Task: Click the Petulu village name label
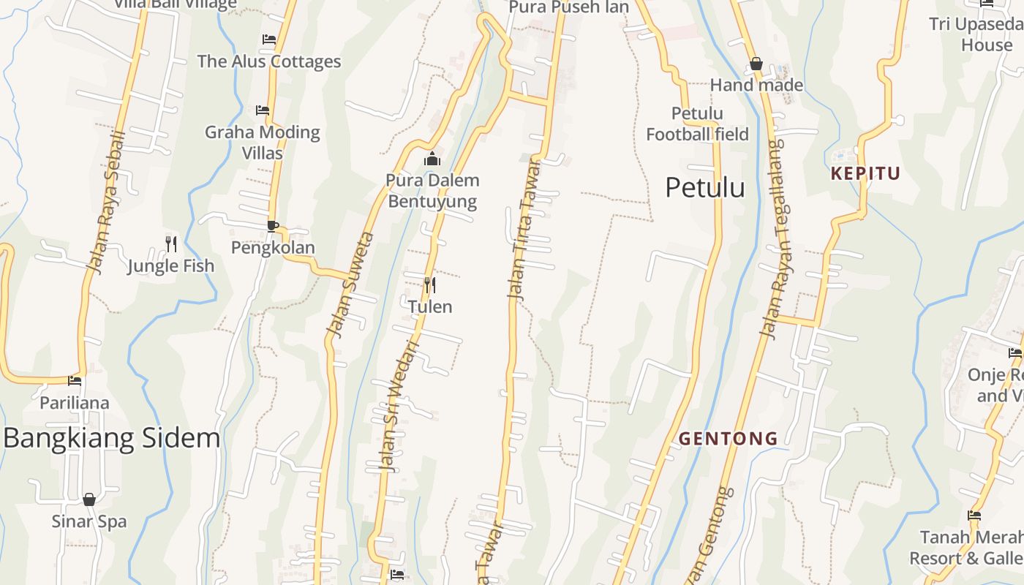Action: coord(705,188)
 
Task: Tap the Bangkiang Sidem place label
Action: coord(112,438)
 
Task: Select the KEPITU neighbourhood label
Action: coord(865,174)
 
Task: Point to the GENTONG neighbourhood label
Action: coord(728,439)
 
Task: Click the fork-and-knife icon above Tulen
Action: coord(430,284)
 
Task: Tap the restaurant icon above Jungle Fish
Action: coord(171,244)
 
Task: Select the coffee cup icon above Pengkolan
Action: coord(272,226)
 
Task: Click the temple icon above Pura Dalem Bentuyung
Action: coord(432,159)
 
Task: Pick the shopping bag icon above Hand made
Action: coord(756,64)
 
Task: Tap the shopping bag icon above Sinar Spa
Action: coord(89,499)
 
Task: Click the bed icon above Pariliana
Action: coord(75,381)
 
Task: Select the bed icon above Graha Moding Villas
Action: coord(263,110)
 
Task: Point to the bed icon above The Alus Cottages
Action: coord(269,39)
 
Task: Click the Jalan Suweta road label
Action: coord(351,285)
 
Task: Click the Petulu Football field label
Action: coord(697,124)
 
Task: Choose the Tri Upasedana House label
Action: coord(977,34)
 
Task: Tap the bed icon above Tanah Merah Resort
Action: coord(974,516)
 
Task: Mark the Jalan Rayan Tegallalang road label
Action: coord(772,238)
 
